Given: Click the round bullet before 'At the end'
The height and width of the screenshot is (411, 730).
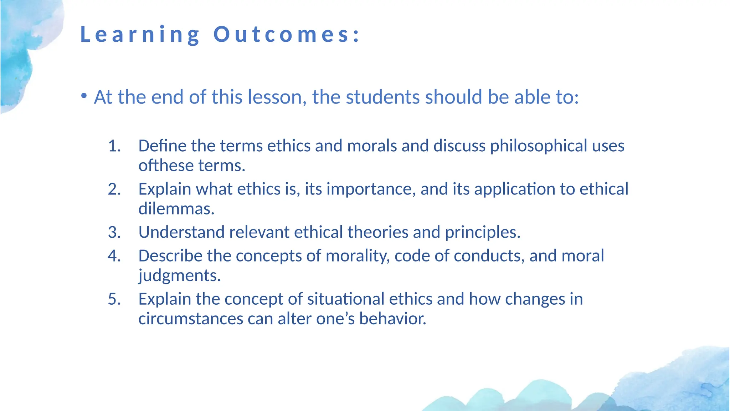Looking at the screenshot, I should tap(84, 96).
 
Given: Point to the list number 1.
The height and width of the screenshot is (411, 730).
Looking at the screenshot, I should tap(114, 146).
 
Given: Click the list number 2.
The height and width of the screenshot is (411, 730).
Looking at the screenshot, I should tap(114, 189).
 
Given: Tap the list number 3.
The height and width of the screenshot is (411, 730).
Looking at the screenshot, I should tap(114, 233).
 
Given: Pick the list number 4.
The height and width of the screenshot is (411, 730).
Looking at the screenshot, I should tap(114, 256).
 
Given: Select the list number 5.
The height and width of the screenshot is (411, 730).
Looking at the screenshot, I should tap(114, 299).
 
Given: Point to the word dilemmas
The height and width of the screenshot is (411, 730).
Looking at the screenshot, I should tap(176, 209).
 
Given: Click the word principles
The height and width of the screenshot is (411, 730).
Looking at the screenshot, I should tap(482, 233).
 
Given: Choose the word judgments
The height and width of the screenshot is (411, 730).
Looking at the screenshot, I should tap(179, 276).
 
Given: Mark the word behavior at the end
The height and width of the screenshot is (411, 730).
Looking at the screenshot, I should tap(392, 319).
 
